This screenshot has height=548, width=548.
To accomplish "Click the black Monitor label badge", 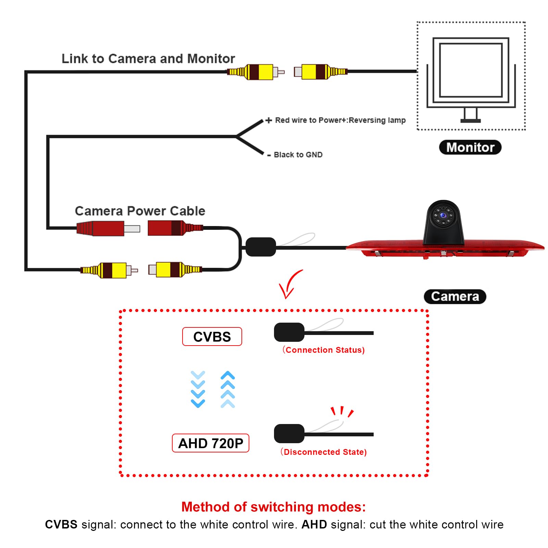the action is click(470, 147).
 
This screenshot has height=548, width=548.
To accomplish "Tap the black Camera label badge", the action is click(455, 297).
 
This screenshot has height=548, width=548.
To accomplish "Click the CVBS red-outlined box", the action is click(212, 337).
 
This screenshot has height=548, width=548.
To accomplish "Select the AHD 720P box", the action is click(210, 443).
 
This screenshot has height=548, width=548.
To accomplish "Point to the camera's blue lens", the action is click(443, 215).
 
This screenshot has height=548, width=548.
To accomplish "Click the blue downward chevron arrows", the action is click(198, 389).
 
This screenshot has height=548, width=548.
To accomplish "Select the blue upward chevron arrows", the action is click(228, 389).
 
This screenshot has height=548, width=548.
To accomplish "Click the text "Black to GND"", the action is click(298, 155).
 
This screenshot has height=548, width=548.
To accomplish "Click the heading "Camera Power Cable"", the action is click(140, 211).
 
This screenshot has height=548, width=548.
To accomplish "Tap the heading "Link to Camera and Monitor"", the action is click(148, 59).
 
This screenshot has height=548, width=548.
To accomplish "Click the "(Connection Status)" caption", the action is click(324, 350).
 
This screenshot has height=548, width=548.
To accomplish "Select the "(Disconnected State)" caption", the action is click(324, 452).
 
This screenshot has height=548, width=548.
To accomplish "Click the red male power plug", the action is click(108, 228).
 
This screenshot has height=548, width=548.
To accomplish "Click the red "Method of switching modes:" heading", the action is click(274, 507).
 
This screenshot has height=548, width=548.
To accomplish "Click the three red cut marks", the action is click(342, 412).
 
